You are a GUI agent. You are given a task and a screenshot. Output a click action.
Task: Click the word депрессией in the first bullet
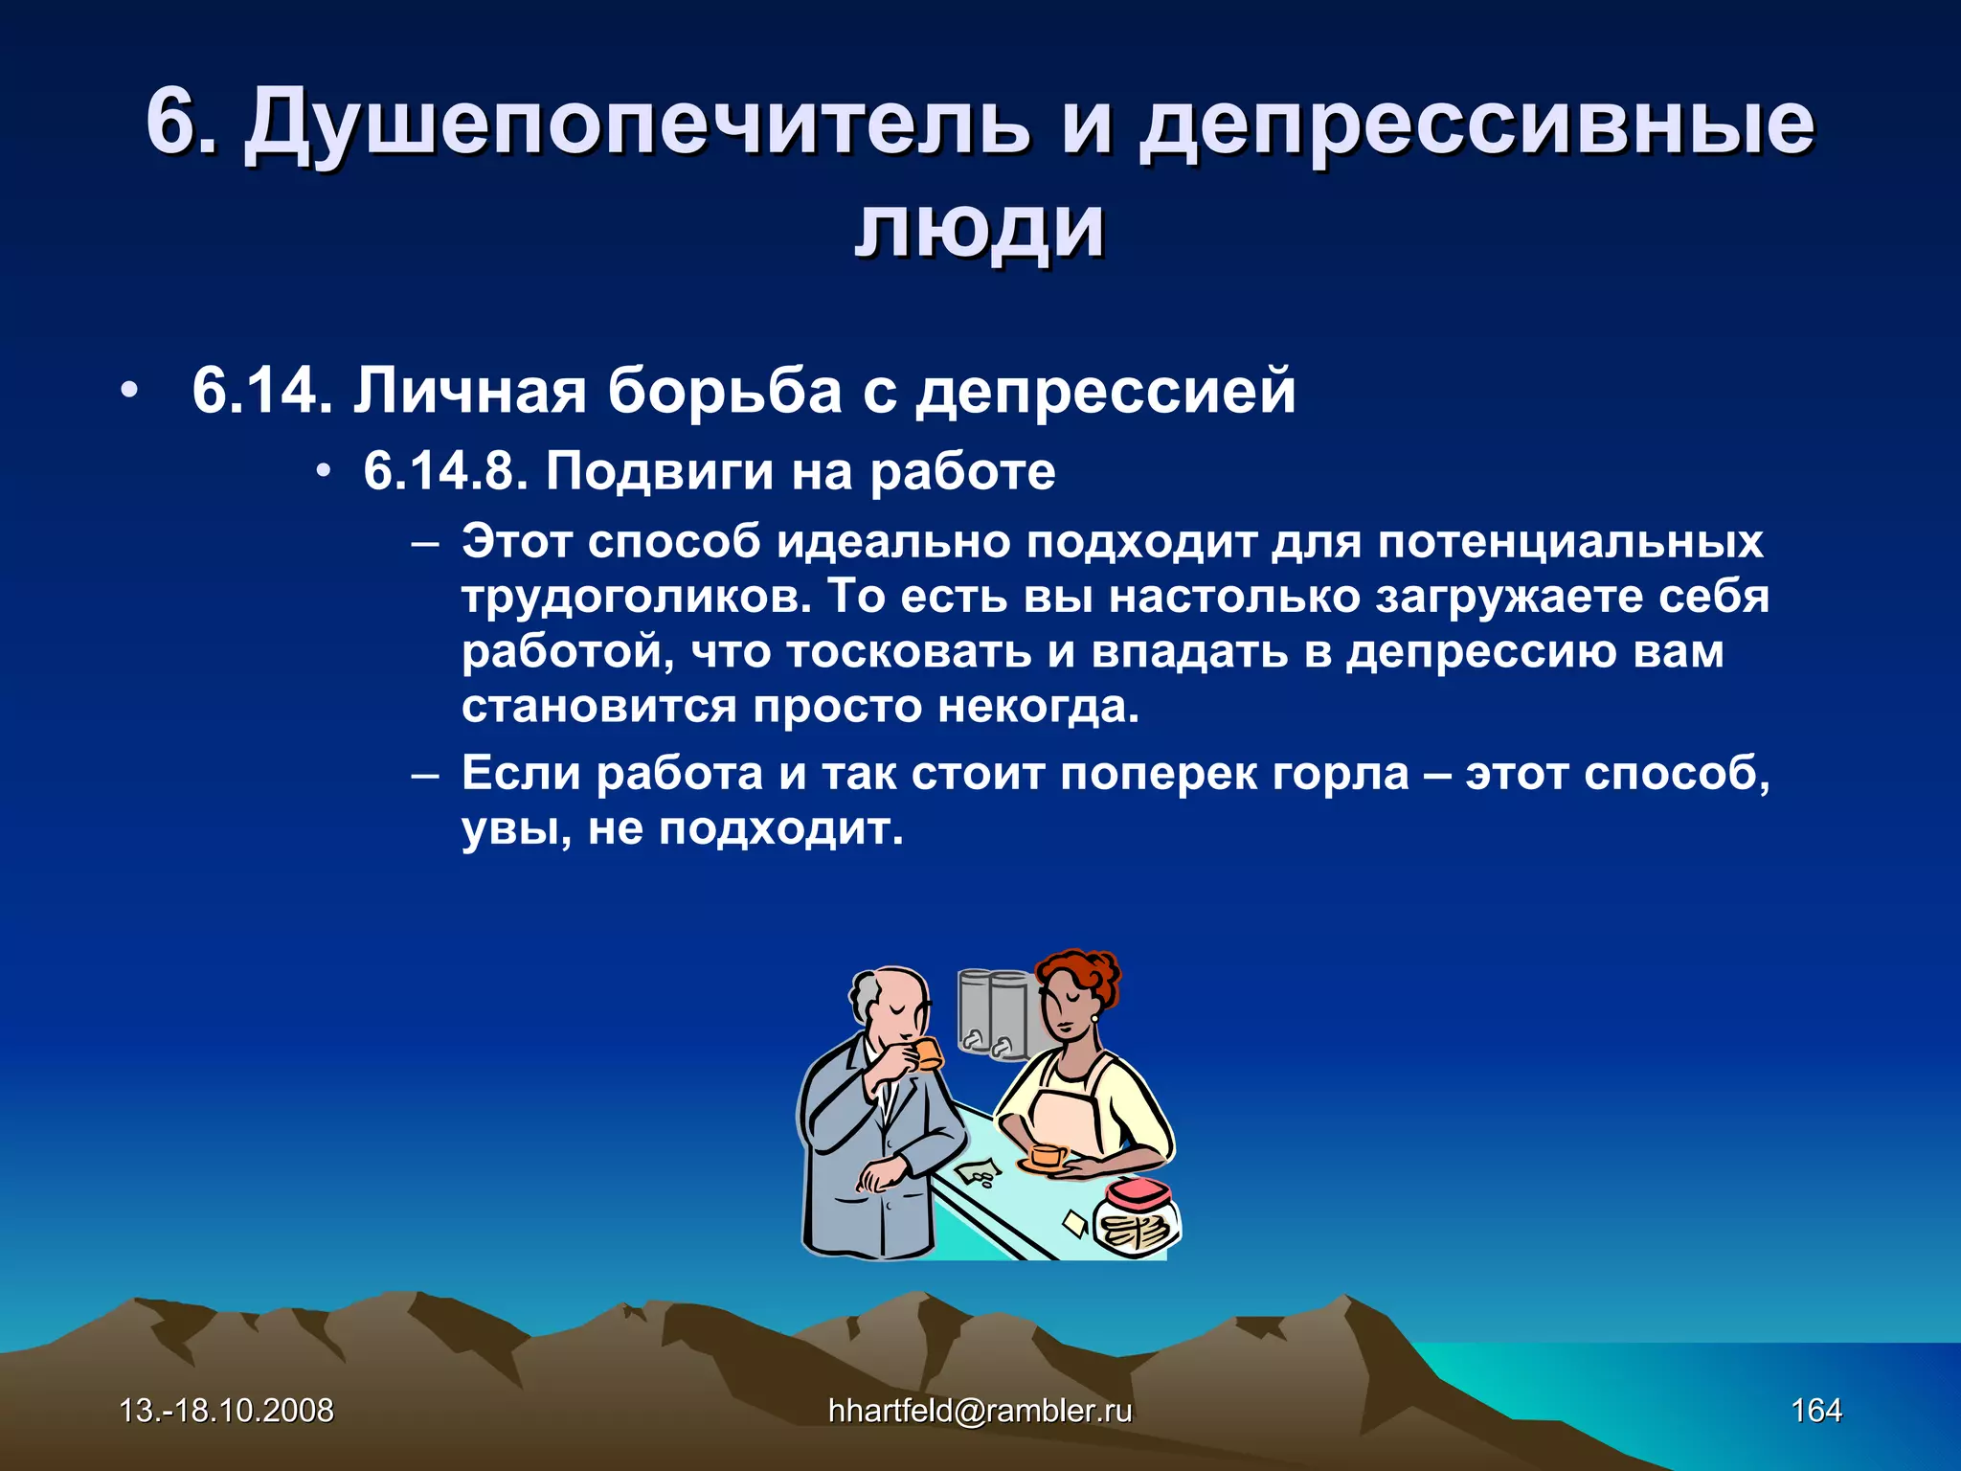[x=1105, y=393]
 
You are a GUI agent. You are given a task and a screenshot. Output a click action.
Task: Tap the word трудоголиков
[x=636, y=597]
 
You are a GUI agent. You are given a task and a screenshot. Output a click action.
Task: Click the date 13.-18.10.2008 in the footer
[x=226, y=1410]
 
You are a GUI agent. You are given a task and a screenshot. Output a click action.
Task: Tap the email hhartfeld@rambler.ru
[x=980, y=1410]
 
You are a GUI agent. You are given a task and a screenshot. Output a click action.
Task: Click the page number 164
[x=1815, y=1410]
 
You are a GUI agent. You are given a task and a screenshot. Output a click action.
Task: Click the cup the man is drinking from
[x=927, y=1054]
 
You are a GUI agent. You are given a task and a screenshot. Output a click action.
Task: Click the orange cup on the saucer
[x=1046, y=1155]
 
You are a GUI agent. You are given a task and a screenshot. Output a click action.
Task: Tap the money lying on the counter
[x=979, y=1171]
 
